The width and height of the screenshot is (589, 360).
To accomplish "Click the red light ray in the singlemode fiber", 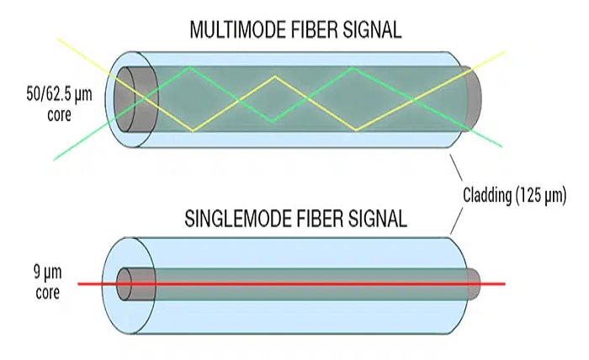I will tap(294, 284).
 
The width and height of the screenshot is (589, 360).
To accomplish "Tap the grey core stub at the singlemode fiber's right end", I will tap(475, 284).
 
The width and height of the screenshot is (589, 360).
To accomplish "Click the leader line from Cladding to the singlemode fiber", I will tap(458, 220).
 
